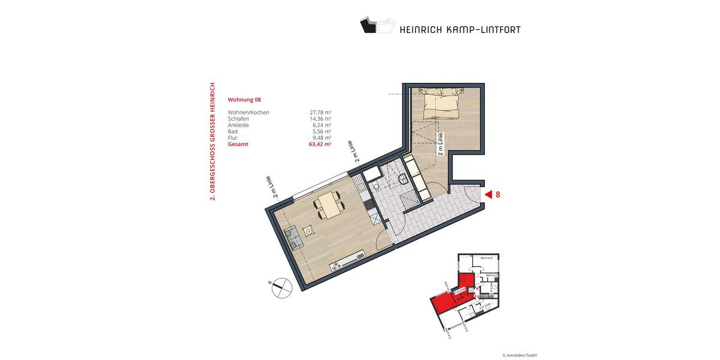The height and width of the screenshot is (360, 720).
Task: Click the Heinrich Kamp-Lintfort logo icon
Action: tap(377, 25)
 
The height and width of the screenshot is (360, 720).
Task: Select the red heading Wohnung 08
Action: tap(245, 100)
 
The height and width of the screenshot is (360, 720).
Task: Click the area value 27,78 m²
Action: tap(320, 112)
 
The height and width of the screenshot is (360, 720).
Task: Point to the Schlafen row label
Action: tap(238, 119)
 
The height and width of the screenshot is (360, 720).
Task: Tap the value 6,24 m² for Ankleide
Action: tap(322, 125)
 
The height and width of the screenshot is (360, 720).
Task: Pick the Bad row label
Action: tap(232, 131)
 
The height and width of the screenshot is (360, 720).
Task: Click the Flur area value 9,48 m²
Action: tap(322, 138)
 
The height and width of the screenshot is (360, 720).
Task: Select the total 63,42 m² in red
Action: tap(320, 145)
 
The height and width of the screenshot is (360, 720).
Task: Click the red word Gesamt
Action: tap(238, 145)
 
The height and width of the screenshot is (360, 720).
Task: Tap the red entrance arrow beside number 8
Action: tap(488, 194)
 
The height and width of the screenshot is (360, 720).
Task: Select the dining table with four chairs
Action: tap(329, 204)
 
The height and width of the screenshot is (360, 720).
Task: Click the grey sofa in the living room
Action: tap(293, 238)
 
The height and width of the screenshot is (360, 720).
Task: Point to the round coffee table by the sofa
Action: tap(309, 230)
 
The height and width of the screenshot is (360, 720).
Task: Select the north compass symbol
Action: tap(280, 289)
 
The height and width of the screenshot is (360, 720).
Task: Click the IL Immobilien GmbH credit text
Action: tap(519, 355)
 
